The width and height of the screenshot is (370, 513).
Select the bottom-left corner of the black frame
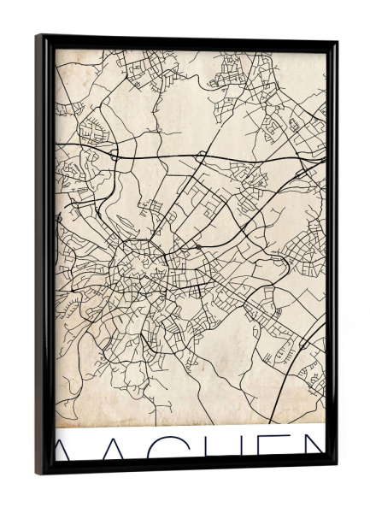38,473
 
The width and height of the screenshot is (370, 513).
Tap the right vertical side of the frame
332,256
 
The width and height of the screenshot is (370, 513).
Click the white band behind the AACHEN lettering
188,432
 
